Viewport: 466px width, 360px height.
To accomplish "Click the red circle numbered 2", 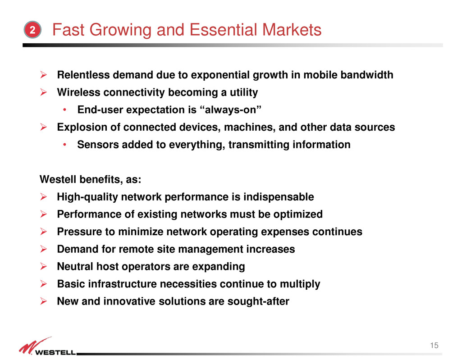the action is pyautogui.click(x=32, y=30).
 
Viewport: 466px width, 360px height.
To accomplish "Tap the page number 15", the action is pyautogui.click(x=434, y=345).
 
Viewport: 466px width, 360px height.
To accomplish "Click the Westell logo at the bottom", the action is pyautogui.click(x=48, y=346).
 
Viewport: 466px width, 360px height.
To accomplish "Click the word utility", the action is pyautogui.click(x=244, y=92).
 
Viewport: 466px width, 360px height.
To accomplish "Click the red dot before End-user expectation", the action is pyautogui.click(x=64, y=110).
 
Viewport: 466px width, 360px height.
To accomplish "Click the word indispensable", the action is pyautogui.click(x=279, y=197).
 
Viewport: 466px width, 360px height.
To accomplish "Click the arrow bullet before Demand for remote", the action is pyautogui.click(x=43, y=249).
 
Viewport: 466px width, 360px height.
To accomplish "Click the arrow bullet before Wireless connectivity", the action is pyautogui.click(x=43, y=92).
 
